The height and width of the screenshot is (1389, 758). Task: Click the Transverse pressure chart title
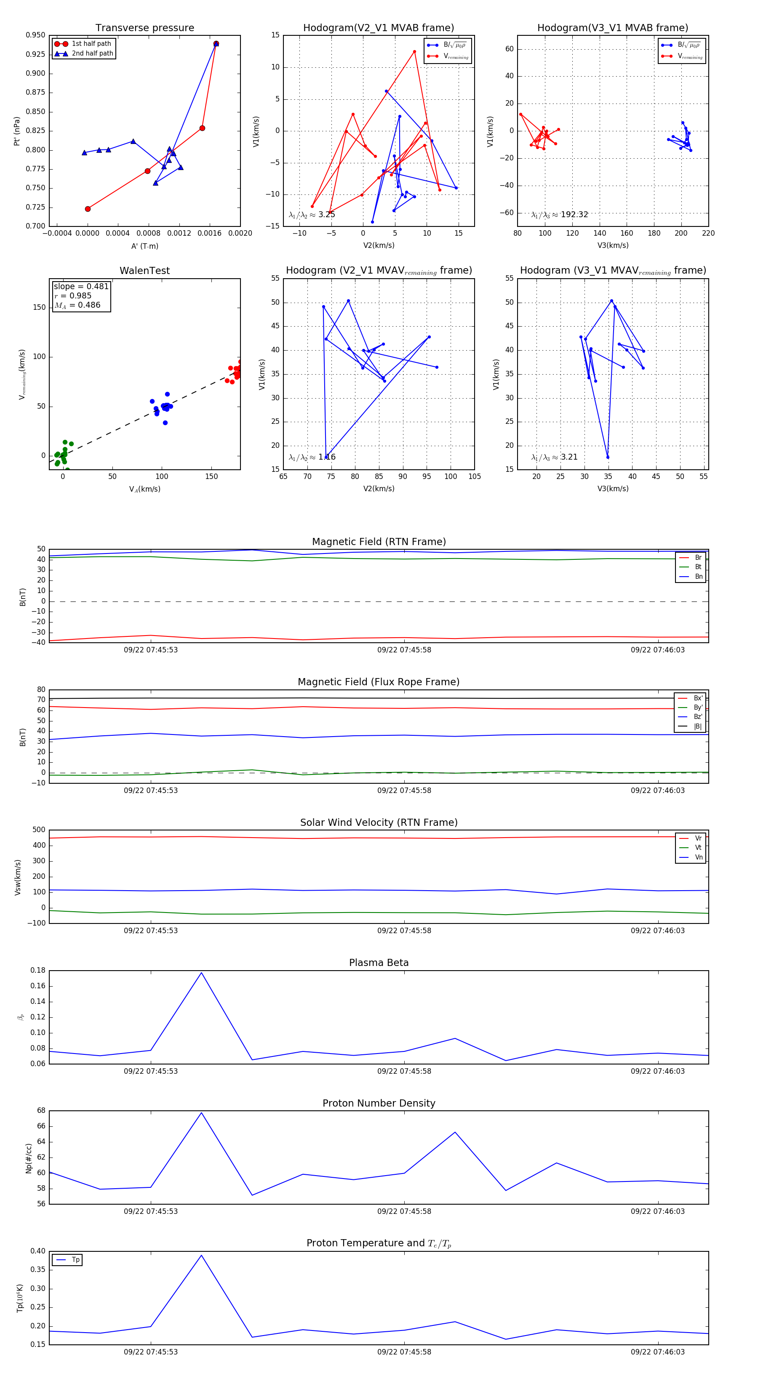pos(144,27)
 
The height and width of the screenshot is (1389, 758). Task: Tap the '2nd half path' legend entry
pos(92,53)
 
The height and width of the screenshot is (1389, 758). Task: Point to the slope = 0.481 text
pos(81,286)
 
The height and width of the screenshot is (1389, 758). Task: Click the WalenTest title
pos(144,271)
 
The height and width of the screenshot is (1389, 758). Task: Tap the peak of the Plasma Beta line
pos(201,973)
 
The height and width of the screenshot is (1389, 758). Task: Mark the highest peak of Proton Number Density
pos(201,1113)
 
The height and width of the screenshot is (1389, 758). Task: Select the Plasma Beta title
pos(379,963)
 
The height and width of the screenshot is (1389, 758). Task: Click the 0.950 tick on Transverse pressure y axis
pos(36,35)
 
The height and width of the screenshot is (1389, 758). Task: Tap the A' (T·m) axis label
pos(144,246)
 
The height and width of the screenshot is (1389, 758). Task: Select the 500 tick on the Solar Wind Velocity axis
pos(39,830)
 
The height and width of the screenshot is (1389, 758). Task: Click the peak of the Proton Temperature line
pos(201,1255)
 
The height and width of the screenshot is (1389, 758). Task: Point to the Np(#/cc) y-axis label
pos(29,1158)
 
